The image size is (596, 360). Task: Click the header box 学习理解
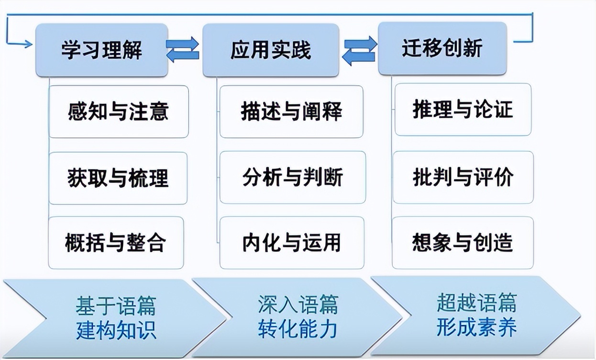pos(102,50)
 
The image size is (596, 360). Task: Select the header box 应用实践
pos(271,50)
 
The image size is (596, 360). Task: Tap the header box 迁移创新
pos(441,48)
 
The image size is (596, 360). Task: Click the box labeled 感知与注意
pos(119,112)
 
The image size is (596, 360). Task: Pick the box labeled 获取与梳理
pos(118,178)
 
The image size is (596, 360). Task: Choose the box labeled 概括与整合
pos(116,243)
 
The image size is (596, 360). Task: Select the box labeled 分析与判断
pos(292,177)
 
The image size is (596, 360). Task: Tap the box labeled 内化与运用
pos(291,243)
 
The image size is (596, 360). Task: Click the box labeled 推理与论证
pos(463,110)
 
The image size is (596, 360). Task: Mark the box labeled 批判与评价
pos(463,177)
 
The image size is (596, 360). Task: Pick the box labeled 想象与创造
pos(462,242)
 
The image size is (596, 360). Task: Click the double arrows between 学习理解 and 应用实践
pos(182,49)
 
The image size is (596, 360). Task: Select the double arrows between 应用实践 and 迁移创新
pos(359,50)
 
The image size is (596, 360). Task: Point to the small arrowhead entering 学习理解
pos(27,45)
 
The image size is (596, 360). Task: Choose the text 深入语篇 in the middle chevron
pos(298,305)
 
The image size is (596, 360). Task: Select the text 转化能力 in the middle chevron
pos(298,329)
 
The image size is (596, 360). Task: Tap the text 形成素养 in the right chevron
pos(476,328)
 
